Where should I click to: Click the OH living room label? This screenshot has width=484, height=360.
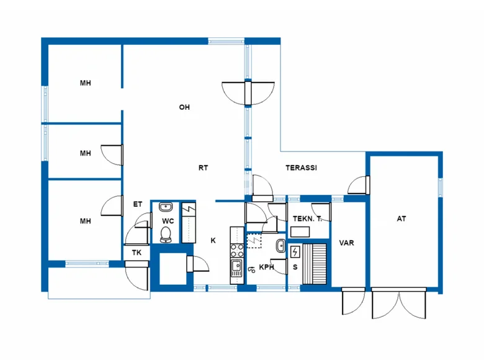[x=184, y=107]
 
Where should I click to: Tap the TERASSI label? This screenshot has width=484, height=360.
[x=302, y=168]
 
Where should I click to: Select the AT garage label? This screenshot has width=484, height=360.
[x=401, y=218]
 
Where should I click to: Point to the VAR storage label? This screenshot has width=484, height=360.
[x=346, y=243]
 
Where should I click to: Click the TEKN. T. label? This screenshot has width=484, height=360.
[x=307, y=219]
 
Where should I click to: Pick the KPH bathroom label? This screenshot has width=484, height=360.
[x=267, y=268]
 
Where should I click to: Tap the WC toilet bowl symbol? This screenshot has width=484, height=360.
[x=166, y=233]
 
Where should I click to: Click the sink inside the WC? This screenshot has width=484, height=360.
[x=166, y=207]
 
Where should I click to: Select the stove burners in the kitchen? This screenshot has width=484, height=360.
[x=236, y=250]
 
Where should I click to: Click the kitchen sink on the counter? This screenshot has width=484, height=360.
[x=236, y=268]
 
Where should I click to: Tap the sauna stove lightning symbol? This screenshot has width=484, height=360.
[x=295, y=251]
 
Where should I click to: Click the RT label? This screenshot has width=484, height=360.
[x=203, y=168]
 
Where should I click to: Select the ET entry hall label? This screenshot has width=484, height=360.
[x=138, y=204]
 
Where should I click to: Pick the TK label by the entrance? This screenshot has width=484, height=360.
[x=136, y=253]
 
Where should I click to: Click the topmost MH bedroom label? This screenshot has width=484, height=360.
[x=85, y=83]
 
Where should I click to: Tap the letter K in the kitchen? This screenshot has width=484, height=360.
[x=213, y=241]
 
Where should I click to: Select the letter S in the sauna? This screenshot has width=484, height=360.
[x=295, y=268]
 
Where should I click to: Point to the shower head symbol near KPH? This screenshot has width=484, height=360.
[x=252, y=269]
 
